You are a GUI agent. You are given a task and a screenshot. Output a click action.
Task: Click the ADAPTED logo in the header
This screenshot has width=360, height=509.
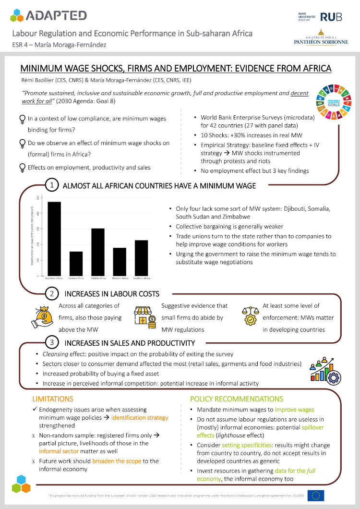click(48, 15)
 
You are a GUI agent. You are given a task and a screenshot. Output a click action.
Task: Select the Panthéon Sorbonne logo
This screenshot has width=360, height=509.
click(321, 40)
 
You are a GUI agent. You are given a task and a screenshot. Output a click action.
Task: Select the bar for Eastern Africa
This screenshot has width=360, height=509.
click(76, 264)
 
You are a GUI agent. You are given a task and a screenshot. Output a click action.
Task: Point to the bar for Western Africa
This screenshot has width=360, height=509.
click(120, 262)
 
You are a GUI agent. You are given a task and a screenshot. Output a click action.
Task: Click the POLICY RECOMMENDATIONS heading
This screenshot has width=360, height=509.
click(237, 399)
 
